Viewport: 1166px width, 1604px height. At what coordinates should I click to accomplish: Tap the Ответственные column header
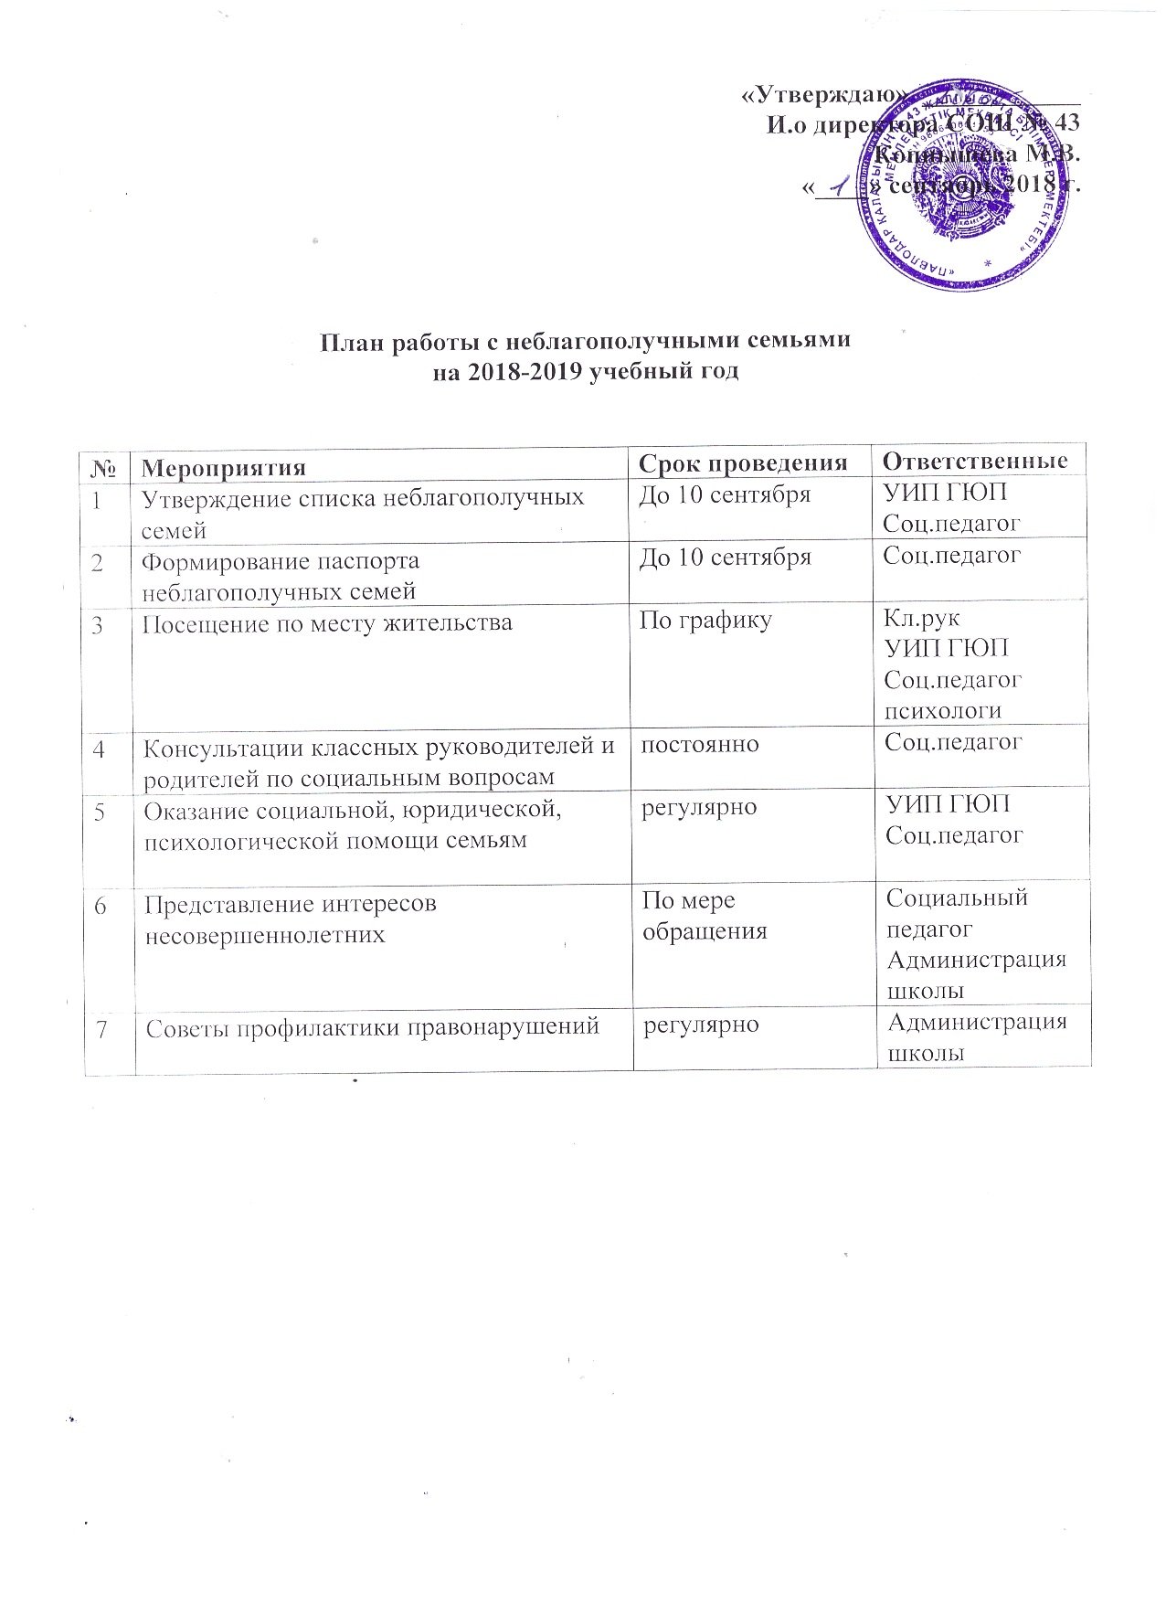tap(977, 461)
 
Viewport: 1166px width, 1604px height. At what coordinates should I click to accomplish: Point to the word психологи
tap(942, 711)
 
